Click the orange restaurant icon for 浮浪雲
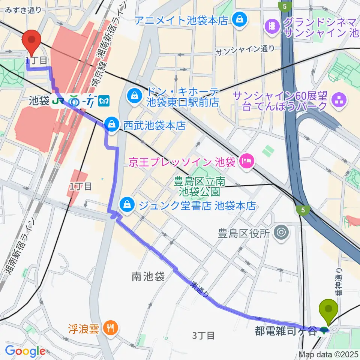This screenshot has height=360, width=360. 110,329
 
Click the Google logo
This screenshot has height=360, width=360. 25,351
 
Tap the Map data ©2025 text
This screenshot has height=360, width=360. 328,354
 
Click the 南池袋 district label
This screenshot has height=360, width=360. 148,277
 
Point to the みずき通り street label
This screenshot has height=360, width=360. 24,10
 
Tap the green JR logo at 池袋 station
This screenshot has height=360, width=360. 58,101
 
